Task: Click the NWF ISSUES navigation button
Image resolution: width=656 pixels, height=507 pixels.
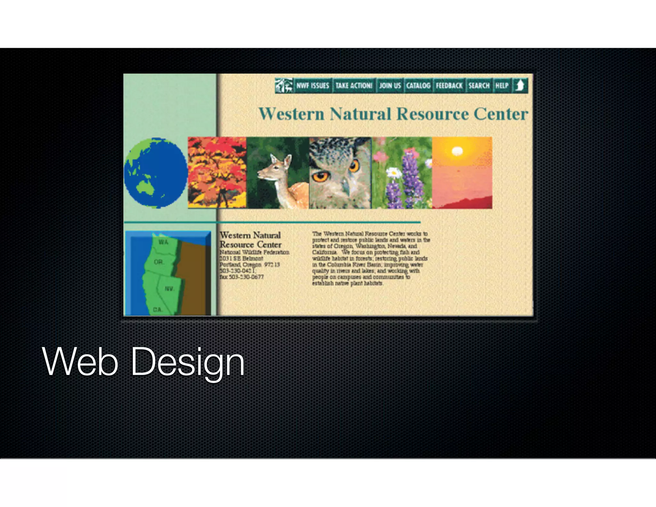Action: (313, 86)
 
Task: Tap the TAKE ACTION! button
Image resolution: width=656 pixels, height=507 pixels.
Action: (354, 86)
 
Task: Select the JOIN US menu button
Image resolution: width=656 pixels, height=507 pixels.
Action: (390, 86)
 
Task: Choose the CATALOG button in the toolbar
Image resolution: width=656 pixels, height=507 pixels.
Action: (418, 86)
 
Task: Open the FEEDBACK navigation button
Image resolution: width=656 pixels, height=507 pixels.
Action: (449, 86)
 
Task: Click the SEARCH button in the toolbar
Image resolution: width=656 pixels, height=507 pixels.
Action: (479, 86)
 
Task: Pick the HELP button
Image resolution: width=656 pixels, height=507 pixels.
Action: (502, 86)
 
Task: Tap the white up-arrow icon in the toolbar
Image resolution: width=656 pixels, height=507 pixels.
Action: (520, 86)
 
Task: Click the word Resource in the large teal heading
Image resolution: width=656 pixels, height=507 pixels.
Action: (432, 114)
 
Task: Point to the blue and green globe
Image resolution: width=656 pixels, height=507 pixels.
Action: (156, 173)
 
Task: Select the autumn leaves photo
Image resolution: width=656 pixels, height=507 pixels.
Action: (217, 173)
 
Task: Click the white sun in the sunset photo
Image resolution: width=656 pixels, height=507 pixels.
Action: (457, 151)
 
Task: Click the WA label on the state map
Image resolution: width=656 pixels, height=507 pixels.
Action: (163, 242)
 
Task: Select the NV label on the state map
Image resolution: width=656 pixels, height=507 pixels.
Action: (169, 289)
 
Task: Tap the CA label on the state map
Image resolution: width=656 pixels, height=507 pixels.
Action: (158, 310)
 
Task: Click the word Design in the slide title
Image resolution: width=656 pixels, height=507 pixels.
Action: (188, 362)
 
